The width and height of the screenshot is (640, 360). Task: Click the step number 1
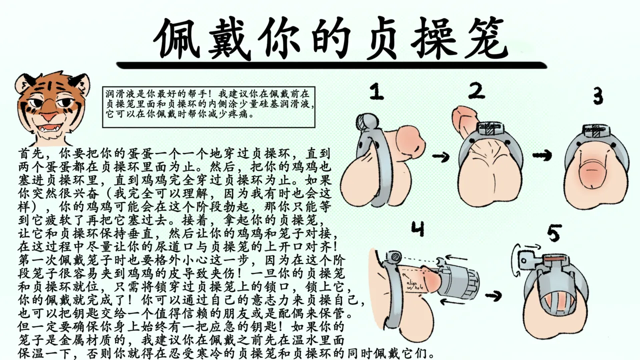coord(376,92)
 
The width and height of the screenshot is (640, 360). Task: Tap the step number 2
coord(476,91)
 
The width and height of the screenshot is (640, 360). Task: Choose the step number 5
coord(553,233)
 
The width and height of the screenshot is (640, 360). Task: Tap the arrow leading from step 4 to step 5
coord(493,296)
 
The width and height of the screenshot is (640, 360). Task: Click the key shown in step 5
coord(525,260)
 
